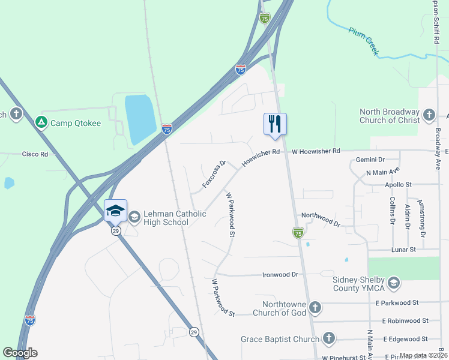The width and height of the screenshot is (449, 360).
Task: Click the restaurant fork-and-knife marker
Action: point(275,124)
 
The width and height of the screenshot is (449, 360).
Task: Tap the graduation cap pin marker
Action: point(116,211)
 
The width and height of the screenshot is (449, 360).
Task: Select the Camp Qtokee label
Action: point(76,123)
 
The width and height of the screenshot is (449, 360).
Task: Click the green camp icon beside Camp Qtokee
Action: point(41,123)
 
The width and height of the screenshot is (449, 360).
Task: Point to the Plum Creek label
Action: point(364,41)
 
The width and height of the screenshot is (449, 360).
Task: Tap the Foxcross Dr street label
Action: point(214,174)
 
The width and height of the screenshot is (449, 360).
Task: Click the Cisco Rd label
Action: point(35,154)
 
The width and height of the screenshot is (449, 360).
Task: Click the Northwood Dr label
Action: point(321,219)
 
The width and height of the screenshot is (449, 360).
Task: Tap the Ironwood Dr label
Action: point(280,275)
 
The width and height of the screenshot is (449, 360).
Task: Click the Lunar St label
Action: point(403,249)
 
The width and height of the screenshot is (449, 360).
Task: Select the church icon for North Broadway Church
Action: point(429,115)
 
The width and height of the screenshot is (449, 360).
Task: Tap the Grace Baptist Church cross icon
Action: point(328,339)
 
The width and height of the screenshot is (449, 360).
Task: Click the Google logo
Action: point(20,353)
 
